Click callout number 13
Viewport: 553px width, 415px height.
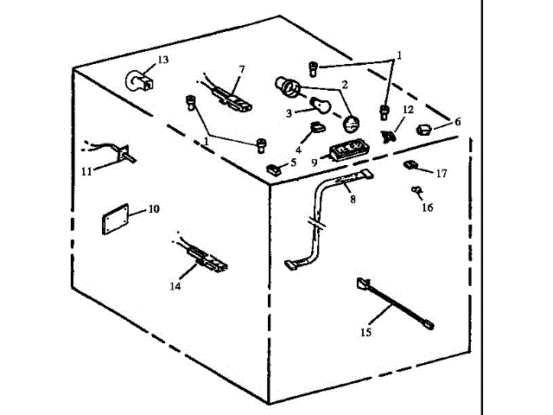162,60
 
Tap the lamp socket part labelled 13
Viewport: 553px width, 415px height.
140,80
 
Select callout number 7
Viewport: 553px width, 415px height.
241,69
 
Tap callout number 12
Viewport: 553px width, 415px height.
409,110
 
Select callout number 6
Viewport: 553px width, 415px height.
458,122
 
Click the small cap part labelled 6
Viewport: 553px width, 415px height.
424,130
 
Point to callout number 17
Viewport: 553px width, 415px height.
442,173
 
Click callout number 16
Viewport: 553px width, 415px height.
427,207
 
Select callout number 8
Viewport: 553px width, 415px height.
352,198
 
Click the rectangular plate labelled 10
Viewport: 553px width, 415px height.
113,219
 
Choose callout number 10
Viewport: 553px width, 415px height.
154,208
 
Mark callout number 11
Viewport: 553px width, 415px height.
86,171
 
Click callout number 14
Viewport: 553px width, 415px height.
176,286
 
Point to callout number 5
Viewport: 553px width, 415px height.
293,162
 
